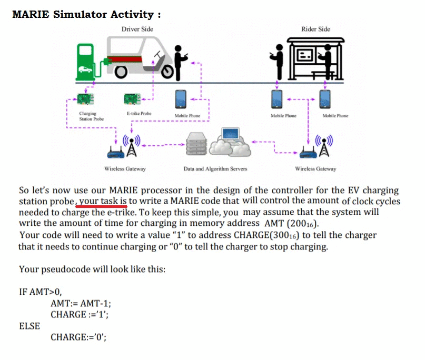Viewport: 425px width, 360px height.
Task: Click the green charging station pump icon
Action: pyautogui.click(x=84, y=61)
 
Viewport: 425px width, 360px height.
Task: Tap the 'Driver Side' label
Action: pyautogui.click(x=137, y=29)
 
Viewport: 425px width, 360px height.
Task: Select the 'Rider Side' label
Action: pyautogui.click(x=316, y=29)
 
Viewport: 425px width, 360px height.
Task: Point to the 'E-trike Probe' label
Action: pyautogui.click(x=139, y=113)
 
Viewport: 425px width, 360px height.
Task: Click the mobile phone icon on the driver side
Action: pyautogui.click(x=181, y=99)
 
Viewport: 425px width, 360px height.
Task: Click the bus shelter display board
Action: pyautogui.click(x=307, y=55)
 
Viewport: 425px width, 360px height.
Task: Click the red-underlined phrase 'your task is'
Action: pyautogui.click(x=103, y=201)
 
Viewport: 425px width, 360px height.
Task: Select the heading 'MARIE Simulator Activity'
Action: pyautogui.click(x=86, y=14)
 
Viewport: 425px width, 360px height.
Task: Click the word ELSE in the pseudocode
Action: pyautogui.click(x=29, y=326)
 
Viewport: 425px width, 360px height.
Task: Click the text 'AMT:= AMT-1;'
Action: pyautogui.click(x=81, y=303)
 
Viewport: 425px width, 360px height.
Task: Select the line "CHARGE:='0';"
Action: pyautogui.click(x=78, y=337)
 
